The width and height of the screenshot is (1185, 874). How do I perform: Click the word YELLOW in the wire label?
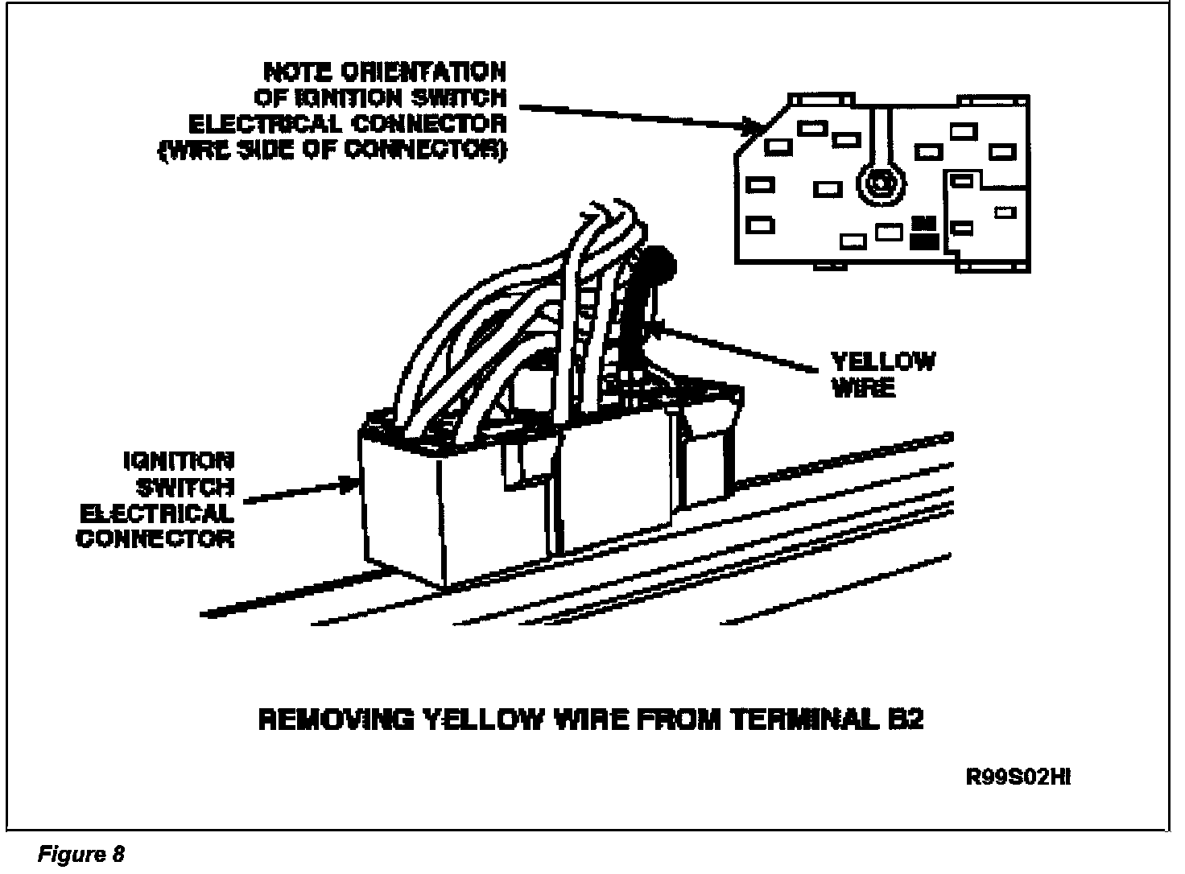[883, 361]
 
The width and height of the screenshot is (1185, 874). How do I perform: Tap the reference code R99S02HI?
[1018, 777]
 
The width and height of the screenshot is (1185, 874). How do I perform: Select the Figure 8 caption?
[81, 854]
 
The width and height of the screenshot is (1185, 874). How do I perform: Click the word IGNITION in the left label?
[179, 461]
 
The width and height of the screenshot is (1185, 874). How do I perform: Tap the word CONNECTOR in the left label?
[155, 538]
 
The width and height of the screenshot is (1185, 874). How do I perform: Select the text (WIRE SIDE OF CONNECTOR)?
[332, 150]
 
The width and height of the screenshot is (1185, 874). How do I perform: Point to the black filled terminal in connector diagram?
[923, 232]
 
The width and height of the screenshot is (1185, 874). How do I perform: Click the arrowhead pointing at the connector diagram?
[754, 126]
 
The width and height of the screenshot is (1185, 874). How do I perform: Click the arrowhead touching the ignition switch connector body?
[351, 484]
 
